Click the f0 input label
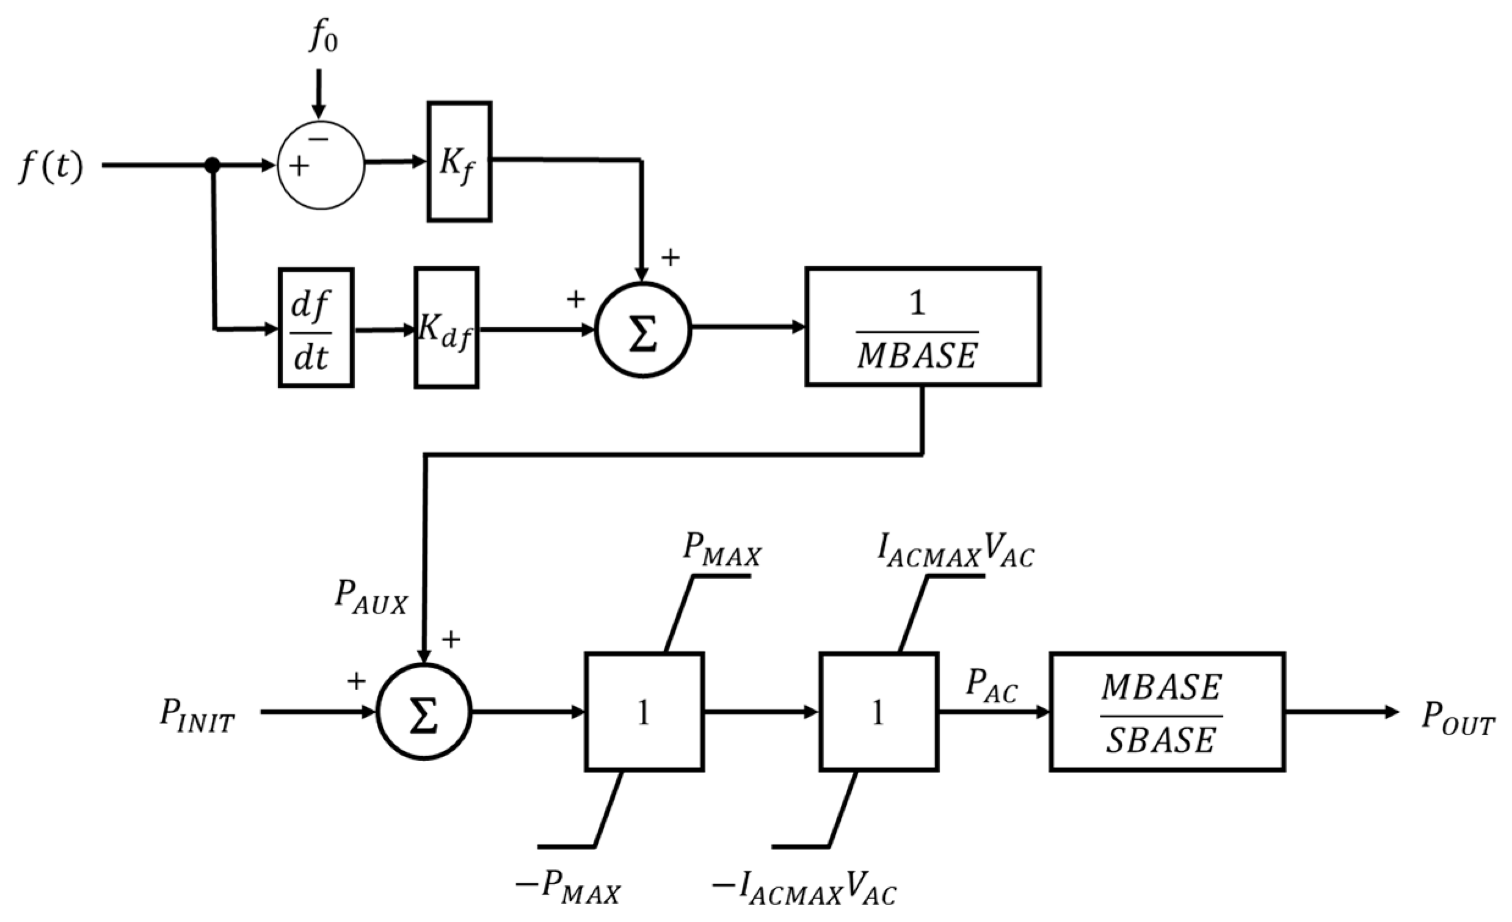[324, 37]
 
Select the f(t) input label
[51, 167]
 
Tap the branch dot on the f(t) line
[213, 165]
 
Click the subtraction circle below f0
[321, 165]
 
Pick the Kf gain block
[459, 162]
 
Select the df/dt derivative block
[316, 328]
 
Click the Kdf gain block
[446, 328]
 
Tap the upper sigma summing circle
[642, 330]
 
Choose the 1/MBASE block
[922, 327]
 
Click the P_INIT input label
[197, 715]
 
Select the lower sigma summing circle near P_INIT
[423, 712]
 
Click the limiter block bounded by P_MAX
[644, 712]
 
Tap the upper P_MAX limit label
[722, 550]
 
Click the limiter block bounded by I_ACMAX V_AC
[878, 712]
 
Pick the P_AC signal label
[991, 685]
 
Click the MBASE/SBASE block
[1166, 712]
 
